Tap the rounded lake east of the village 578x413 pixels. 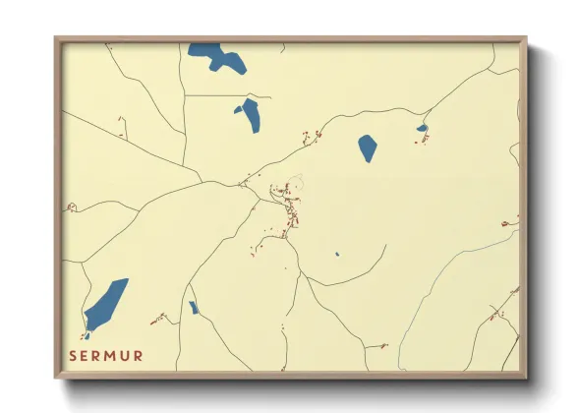click(368, 147)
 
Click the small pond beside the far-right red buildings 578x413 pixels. click(422, 128)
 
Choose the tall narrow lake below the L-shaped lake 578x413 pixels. click(252, 115)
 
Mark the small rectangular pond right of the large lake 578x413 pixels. click(194, 308)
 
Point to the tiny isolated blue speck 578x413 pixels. click(336, 254)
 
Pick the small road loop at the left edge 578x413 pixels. click(71, 207)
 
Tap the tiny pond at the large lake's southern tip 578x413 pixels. click(87, 336)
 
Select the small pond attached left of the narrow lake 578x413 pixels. click(238, 109)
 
